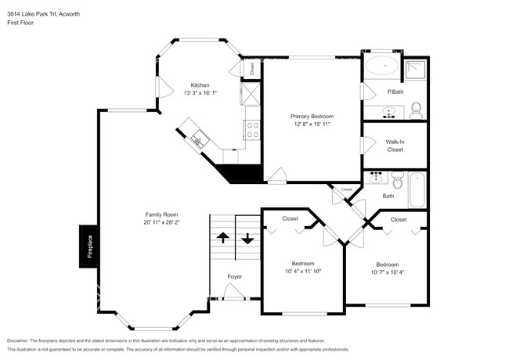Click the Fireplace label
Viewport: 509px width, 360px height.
tap(90, 247)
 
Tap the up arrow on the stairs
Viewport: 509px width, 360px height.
tap(222, 237)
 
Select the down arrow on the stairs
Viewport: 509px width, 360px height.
tap(247, 239)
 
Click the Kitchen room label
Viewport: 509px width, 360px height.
tap(200, 85)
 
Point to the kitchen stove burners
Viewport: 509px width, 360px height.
tap(253, 130)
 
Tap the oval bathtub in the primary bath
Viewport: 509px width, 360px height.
tap(382, 66)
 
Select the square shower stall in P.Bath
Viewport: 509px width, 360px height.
tap(415, 70)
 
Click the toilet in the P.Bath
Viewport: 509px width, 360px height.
tap(416, 110)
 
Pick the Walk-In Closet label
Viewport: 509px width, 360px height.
tap(395, 146)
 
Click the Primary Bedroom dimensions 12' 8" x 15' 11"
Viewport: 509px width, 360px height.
tap(312, 124)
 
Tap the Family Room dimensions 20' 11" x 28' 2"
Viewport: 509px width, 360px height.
tap(161, 222)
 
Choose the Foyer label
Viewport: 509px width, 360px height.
tap(235, 276)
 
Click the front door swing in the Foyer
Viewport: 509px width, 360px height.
tap(233, 290)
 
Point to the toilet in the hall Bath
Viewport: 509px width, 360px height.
tap(398, 180)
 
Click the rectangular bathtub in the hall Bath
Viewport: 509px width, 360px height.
tap(417, 190)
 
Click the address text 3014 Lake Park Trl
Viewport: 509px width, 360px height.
tap(32, 14)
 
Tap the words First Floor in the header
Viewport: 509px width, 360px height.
tap(20, 23)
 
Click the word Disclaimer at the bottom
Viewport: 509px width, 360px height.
tap(17, 341)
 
